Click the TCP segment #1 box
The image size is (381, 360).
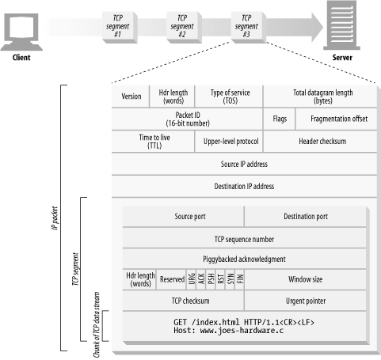pos(120,27)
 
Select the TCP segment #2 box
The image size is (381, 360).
pos(185,27)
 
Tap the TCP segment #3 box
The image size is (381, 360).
pos(249,27)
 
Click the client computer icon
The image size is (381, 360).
pos(21,32)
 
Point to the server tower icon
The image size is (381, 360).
pos(342,25)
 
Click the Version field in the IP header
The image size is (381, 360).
pos(131,97)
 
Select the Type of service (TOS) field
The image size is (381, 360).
pos(229,97)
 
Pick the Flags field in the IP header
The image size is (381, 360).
pos(280,119)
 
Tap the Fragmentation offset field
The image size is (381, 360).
pos(337,119)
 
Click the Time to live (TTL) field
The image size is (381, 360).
pos(153,142)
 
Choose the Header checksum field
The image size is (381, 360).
pos(320,142)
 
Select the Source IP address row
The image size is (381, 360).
pos(244,164)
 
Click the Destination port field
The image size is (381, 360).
pos(306,217)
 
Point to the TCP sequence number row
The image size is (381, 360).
pos(244,238)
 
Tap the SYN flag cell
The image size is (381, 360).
pos(231,279)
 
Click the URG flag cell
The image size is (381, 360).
pos(192,279)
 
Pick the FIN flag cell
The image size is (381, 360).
pos(240,279)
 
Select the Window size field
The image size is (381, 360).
pos(306,279)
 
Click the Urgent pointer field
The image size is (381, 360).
pos(306,301)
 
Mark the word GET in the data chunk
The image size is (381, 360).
pos(180,322)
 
